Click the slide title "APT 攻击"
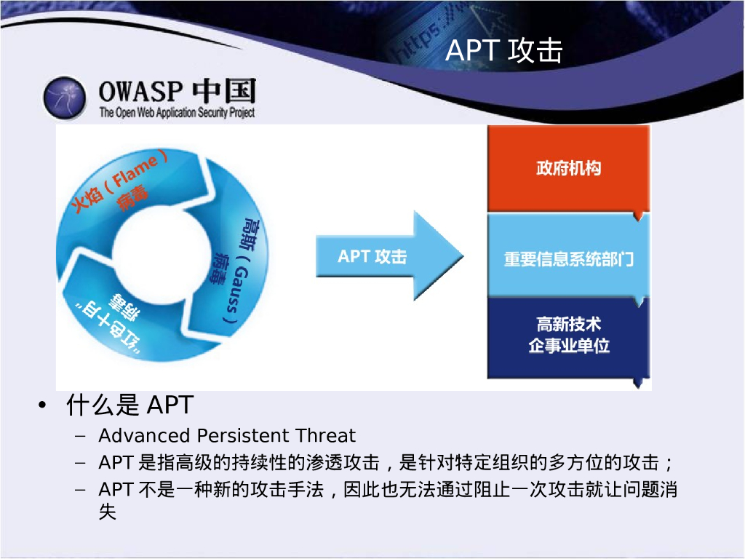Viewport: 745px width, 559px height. (503, 50)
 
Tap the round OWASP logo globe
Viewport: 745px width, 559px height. (65, 98)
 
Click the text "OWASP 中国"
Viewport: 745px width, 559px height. (178, 91)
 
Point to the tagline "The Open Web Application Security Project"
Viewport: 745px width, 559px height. (177, 113)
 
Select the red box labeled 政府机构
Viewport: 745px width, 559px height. (568, 168)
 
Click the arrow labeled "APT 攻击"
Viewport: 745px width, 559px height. (390, 255)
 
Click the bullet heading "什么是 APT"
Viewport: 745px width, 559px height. (130, 405)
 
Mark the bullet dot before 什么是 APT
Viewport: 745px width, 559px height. (43, 405)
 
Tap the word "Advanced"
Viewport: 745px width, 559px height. (145, 435)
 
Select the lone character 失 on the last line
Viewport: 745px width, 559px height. (108, 512)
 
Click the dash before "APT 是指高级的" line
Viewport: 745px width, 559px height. (80, 462)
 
